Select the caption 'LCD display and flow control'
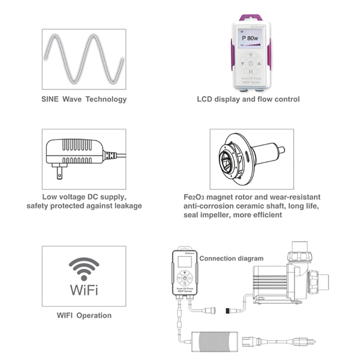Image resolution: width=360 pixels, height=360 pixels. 248,99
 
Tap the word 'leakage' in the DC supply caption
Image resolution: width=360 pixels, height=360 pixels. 126,206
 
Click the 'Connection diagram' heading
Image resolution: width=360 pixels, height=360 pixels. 231,258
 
